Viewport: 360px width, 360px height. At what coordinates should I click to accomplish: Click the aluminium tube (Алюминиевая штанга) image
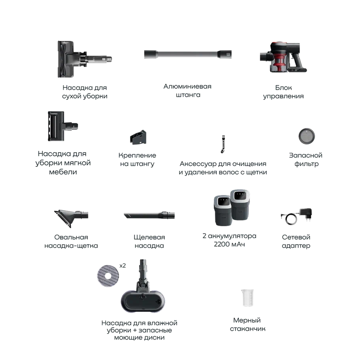[x=188, y=55]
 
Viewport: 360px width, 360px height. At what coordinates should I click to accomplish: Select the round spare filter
[x=307, y=136]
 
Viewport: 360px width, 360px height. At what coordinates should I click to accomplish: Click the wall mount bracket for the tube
[x=138, y=137]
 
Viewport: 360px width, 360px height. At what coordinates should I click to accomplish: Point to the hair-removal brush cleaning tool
[x=223, y=144]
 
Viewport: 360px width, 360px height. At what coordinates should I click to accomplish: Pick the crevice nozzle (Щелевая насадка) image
[x=149, y=215]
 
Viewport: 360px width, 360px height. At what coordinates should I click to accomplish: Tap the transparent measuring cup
[x=247, y=298]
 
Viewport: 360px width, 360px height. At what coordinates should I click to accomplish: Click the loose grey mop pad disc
[x=108, y=276]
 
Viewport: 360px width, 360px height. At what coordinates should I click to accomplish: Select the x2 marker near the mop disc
[x=123, y=266]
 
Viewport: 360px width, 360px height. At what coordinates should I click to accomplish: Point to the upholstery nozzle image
[x=63, y=126]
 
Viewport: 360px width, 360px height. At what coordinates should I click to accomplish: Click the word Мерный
[x=247, y=320]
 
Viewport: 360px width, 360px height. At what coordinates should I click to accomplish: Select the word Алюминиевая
[x=187, y=87]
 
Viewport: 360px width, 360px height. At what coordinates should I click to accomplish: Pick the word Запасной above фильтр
[x=305, y=155]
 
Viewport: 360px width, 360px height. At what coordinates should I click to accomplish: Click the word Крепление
[x=137, y=155]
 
